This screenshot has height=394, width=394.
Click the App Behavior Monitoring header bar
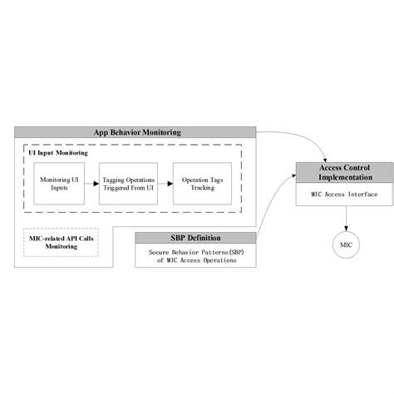136,131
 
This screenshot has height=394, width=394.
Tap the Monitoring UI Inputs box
59,184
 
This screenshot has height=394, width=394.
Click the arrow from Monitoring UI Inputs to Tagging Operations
91,184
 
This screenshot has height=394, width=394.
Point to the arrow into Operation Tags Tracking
164,184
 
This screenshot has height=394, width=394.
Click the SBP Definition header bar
195,238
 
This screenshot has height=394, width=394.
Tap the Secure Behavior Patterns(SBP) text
196,252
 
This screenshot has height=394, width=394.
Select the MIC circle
347,244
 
